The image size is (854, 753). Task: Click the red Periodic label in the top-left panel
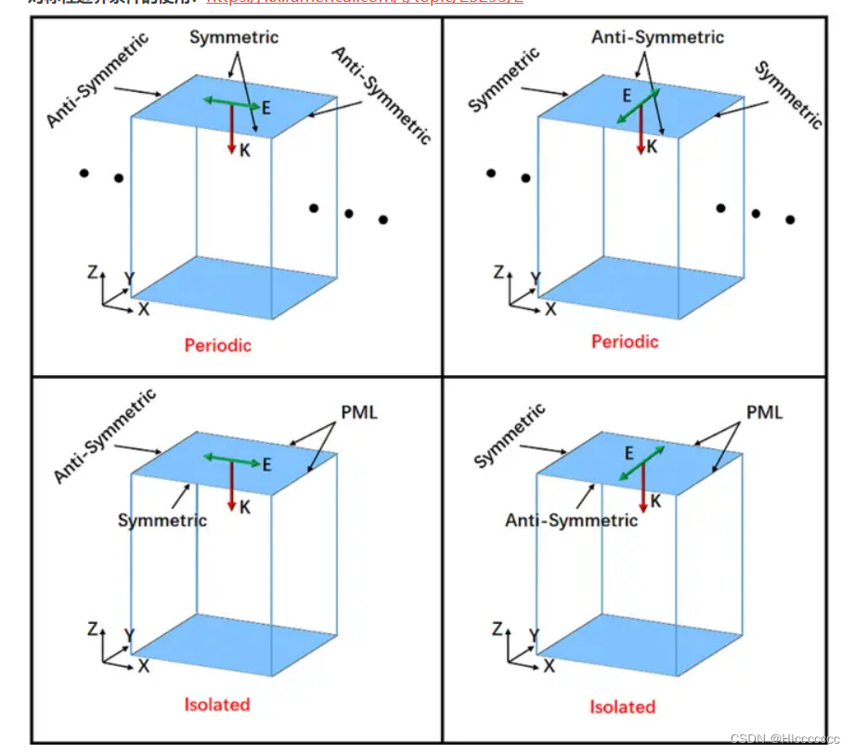[x=217, y=345]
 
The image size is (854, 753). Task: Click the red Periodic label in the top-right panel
[x=625, y=342]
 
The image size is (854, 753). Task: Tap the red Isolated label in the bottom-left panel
[x=217, y=704]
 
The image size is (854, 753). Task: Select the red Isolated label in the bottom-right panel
[x=623, y=707]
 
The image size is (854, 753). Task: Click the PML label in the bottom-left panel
[x=359, y=412]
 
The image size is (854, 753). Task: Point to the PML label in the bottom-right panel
[x=765, y=412]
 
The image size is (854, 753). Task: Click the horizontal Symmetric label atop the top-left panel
[x=234, y=37]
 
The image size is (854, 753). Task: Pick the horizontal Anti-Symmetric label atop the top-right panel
[x=658, y=37]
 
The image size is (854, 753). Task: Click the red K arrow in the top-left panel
[x=231, y=130]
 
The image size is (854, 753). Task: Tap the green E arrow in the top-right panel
[x=639, y=107]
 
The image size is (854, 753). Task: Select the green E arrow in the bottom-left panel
[x=232, y=458]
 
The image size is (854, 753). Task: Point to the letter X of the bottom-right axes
[x=549, y=666]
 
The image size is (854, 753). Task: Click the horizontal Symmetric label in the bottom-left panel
[x=162, y=520]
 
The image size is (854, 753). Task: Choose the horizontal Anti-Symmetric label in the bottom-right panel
[x=572, y=520]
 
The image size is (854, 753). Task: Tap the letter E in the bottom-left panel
[x=266, y=465]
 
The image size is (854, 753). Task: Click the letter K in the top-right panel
[x=653, y=146]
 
